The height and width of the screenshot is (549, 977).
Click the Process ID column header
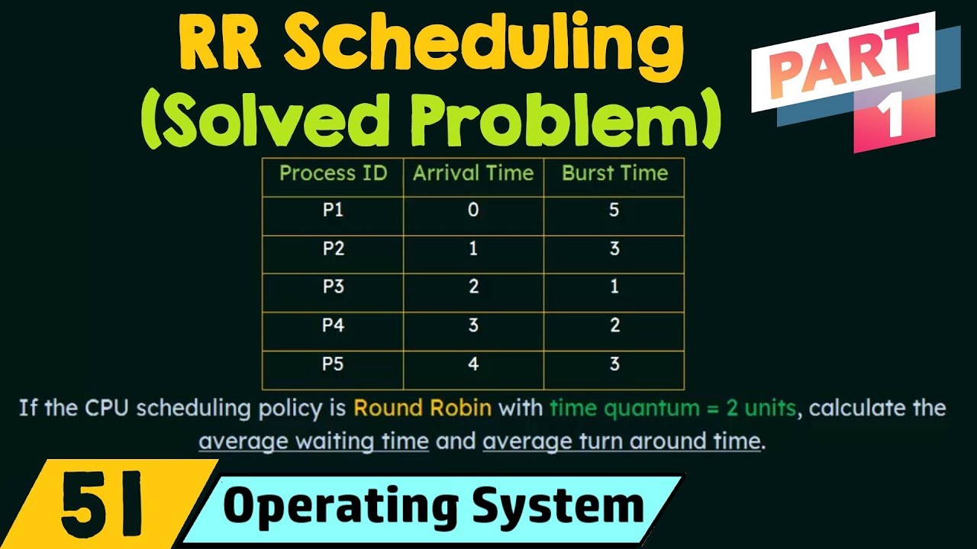(333, 174)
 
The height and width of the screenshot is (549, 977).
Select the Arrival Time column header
(473, 174)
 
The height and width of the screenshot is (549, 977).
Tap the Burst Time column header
(614, 174)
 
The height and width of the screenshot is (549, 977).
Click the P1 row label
(333, 211)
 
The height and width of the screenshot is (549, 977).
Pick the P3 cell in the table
(333, 287)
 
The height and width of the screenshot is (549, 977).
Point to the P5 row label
(333, 364)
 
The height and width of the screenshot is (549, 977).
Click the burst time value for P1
(614, 210)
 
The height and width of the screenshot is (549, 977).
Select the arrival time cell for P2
(473, 249)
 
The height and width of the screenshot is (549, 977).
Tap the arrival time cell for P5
(473, 364)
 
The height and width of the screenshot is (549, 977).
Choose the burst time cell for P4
(614, 326)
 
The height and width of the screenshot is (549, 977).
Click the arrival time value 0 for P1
(473, 210)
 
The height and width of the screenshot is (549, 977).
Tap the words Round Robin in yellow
(422, 409)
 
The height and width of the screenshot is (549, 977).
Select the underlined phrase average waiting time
(314, 441)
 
